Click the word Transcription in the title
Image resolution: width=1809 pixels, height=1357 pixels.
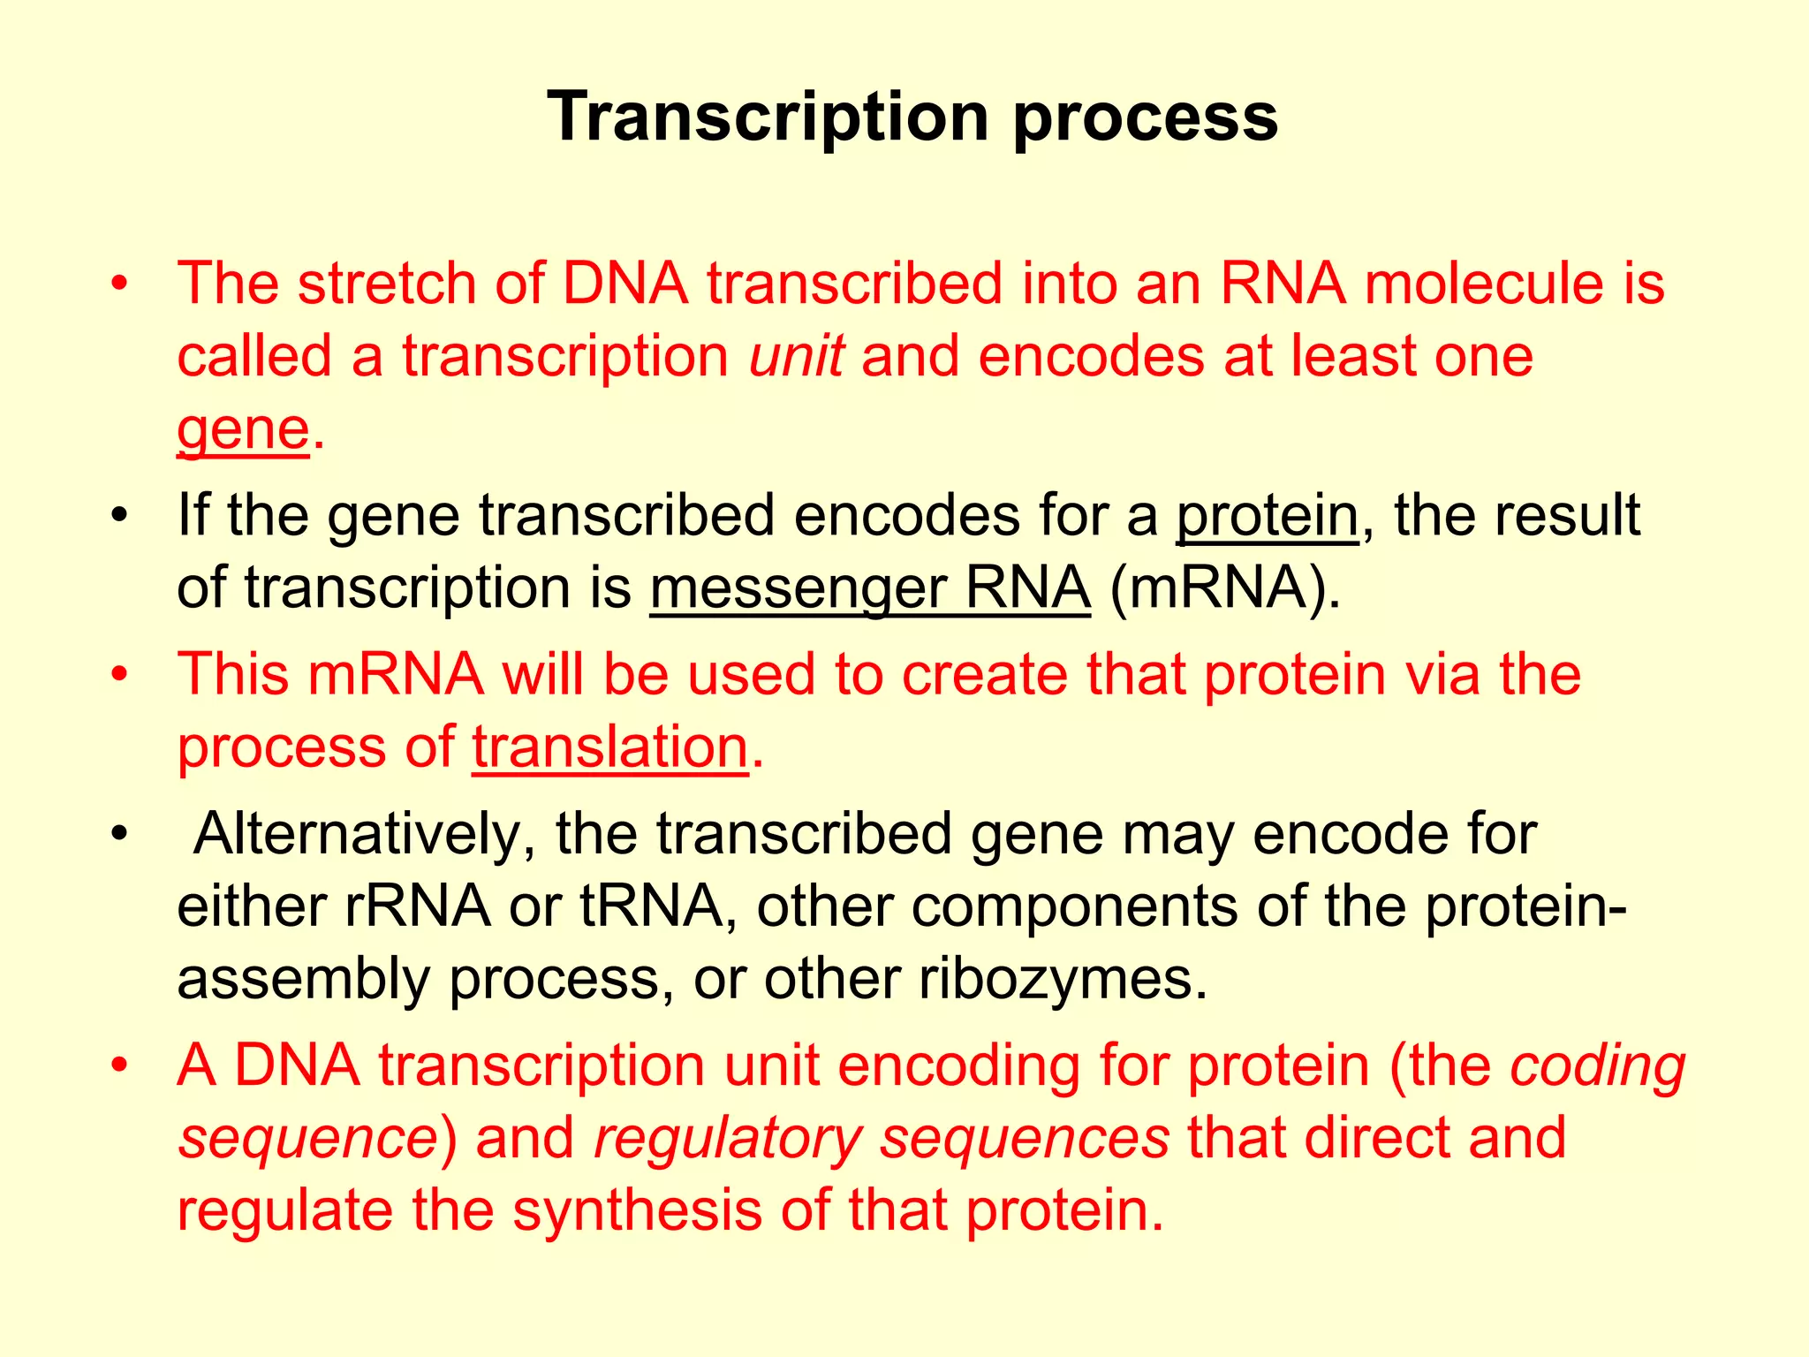pyautogui.click(x=768, y=118)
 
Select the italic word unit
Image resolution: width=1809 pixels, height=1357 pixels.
pyautogui.click(x=796, y=356)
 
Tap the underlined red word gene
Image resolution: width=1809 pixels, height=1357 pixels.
pyautogui.click(x=243, y=430)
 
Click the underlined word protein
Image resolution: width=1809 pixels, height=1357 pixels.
pyautogui.click(x=1268, y=515)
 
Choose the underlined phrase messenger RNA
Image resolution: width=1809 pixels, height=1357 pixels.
pyautogui.click(x=870, y=588)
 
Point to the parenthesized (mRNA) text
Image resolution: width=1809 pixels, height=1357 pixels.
pyautogui.click(x=1225, y=588)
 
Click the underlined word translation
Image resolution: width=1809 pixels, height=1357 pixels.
pyautogui.click(x=610, y=747)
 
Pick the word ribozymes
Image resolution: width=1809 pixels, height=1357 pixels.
pyautogui.click(x=1063, y=979)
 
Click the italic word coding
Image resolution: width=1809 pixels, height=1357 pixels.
pyautogui.click(x=1597, y=1066)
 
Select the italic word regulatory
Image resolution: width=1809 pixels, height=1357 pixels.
pyautogui.click(x=727, y=1139)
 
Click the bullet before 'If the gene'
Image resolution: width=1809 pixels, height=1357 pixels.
pyautogui.click(x=120, y=515)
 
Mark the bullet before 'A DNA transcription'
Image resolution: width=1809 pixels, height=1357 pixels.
pyautogui.click(x=120, y=1065)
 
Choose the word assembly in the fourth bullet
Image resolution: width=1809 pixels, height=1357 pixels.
pyautogui.click(x=303, y=980)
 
